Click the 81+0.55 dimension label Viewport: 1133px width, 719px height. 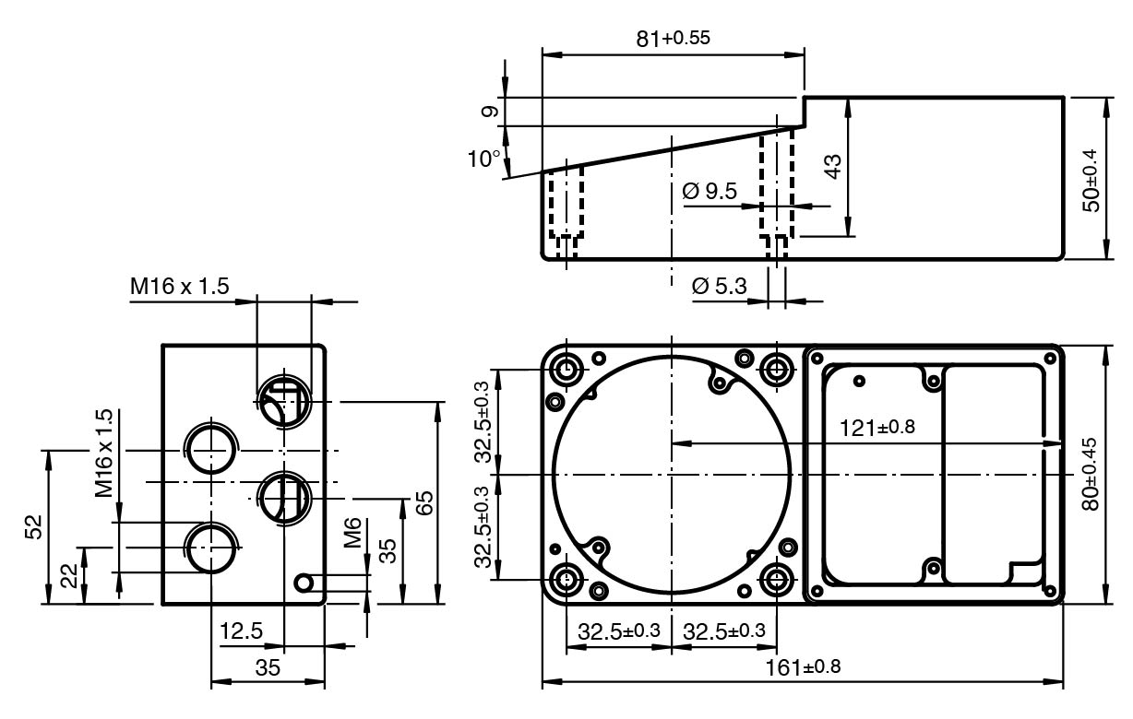click(673, 39)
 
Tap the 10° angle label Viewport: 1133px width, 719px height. click(483, 159)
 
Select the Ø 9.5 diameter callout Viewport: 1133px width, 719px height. click(710, 191)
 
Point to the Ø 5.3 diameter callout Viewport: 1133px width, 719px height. click(720, 286)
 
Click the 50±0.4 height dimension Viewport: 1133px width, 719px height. click(1091, 181)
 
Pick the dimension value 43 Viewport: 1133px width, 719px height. click(832, 166)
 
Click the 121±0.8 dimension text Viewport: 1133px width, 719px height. click(877, 428)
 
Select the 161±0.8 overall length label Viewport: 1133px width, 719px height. click(803, 667)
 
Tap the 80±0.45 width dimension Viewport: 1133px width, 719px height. click(1091, 475)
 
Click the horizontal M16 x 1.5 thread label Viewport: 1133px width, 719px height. click(180, 286)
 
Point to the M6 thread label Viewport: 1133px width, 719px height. click(352, 533)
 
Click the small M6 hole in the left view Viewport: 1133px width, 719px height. click(304, 583)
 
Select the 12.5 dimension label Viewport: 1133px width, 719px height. click(241, 631)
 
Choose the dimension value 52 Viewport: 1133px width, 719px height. click(34, 527)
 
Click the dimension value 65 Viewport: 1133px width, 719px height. click(424, 502)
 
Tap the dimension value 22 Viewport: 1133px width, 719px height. click(69, 575)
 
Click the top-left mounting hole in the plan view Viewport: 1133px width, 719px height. click(566, 370)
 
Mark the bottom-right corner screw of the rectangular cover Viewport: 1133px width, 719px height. click(1050, 591)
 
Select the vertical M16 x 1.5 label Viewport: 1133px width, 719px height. click(103, 454)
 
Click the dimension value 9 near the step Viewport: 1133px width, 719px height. click(490, 112)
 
